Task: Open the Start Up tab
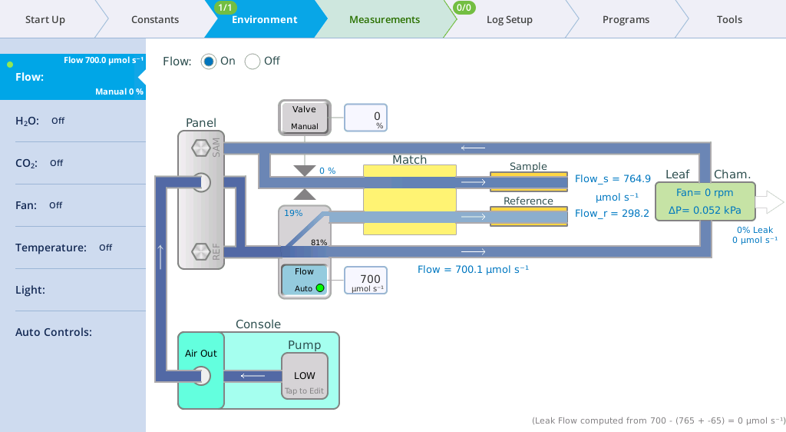click(x=45, y=19)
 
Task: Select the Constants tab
click(x=155, y=19)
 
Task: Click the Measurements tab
click(x=385, y=19)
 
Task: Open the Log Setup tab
click(x=510, y=19)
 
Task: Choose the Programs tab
click(x=626, y=19)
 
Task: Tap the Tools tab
click(x=729, y=19)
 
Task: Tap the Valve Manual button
click(x=304, y=118)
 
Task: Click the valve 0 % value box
click(x=365, y=118)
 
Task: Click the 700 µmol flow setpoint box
click(x=365, y=281)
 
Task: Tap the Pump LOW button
click(x=304, y=377)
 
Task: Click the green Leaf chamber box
click(x=705, y=201)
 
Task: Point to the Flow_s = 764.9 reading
click(x=613, y=178)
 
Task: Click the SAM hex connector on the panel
click(x=201, y=148)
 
